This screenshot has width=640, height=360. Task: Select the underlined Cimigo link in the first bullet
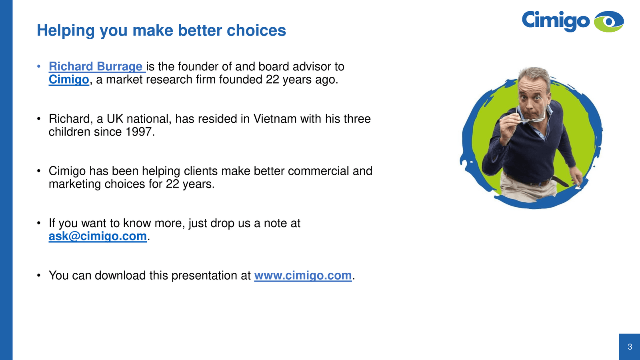[x=69, y=80]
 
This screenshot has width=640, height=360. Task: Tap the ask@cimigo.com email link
[x=98, y=236]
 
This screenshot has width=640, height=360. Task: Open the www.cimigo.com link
[x=303, y=276]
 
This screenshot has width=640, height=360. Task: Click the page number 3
[x=630, y=346]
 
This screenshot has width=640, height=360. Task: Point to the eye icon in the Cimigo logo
[x=609, y=22]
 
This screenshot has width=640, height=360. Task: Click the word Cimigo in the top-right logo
[x=556, y=20]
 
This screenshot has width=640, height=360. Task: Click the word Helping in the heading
[x=66, y=31]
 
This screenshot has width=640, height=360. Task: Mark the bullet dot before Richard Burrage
[x=39, y=66]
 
